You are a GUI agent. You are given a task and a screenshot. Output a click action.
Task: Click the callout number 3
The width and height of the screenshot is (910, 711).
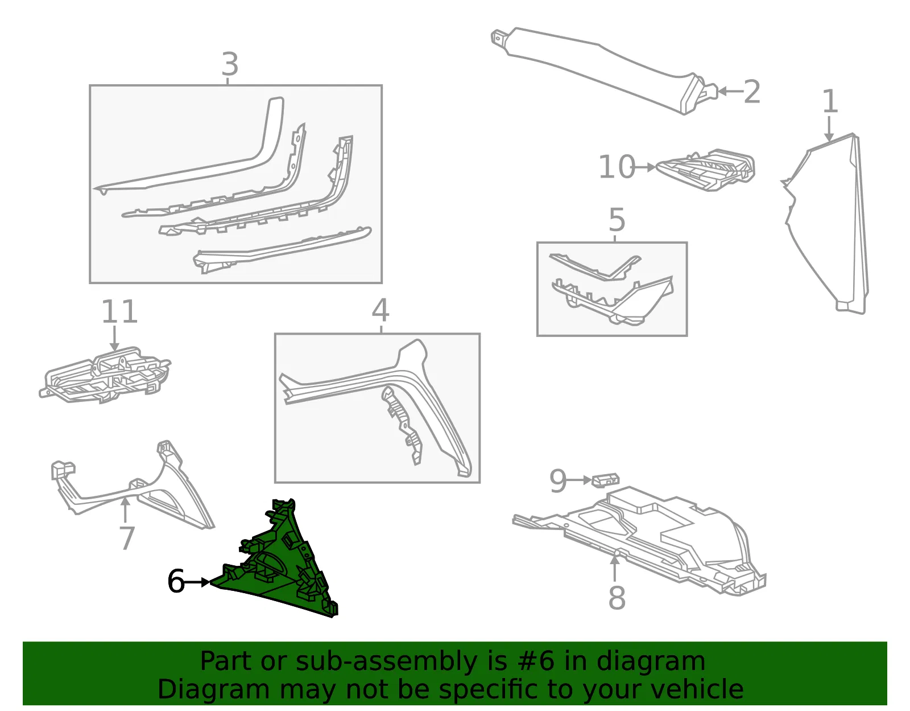230,64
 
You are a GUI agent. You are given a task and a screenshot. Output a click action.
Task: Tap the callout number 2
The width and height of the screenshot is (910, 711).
752,92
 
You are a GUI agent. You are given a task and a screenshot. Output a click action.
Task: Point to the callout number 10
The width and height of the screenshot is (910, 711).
617,167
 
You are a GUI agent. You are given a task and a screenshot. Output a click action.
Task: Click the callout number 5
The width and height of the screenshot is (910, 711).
617,220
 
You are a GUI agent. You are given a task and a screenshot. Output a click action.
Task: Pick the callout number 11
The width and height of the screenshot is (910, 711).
120,311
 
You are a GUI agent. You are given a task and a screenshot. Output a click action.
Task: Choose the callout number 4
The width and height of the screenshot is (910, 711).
380,310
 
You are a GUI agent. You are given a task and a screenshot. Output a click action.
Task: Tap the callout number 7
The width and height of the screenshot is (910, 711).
127,538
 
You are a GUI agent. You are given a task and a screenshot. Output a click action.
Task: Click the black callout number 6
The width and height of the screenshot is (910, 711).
176,581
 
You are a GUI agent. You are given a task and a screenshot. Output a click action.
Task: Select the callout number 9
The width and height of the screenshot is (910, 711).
558,481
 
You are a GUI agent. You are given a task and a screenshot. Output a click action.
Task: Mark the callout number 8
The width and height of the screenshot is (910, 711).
617,598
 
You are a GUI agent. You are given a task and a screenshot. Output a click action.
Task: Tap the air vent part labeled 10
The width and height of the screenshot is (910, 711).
706,169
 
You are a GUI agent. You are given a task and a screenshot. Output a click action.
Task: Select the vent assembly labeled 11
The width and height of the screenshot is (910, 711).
105,375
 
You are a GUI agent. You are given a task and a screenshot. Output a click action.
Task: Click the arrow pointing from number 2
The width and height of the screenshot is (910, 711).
731,91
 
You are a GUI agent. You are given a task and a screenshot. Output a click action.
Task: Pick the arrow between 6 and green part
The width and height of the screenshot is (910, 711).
197,582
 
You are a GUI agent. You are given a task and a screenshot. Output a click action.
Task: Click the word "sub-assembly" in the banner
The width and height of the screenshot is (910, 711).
387,661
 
